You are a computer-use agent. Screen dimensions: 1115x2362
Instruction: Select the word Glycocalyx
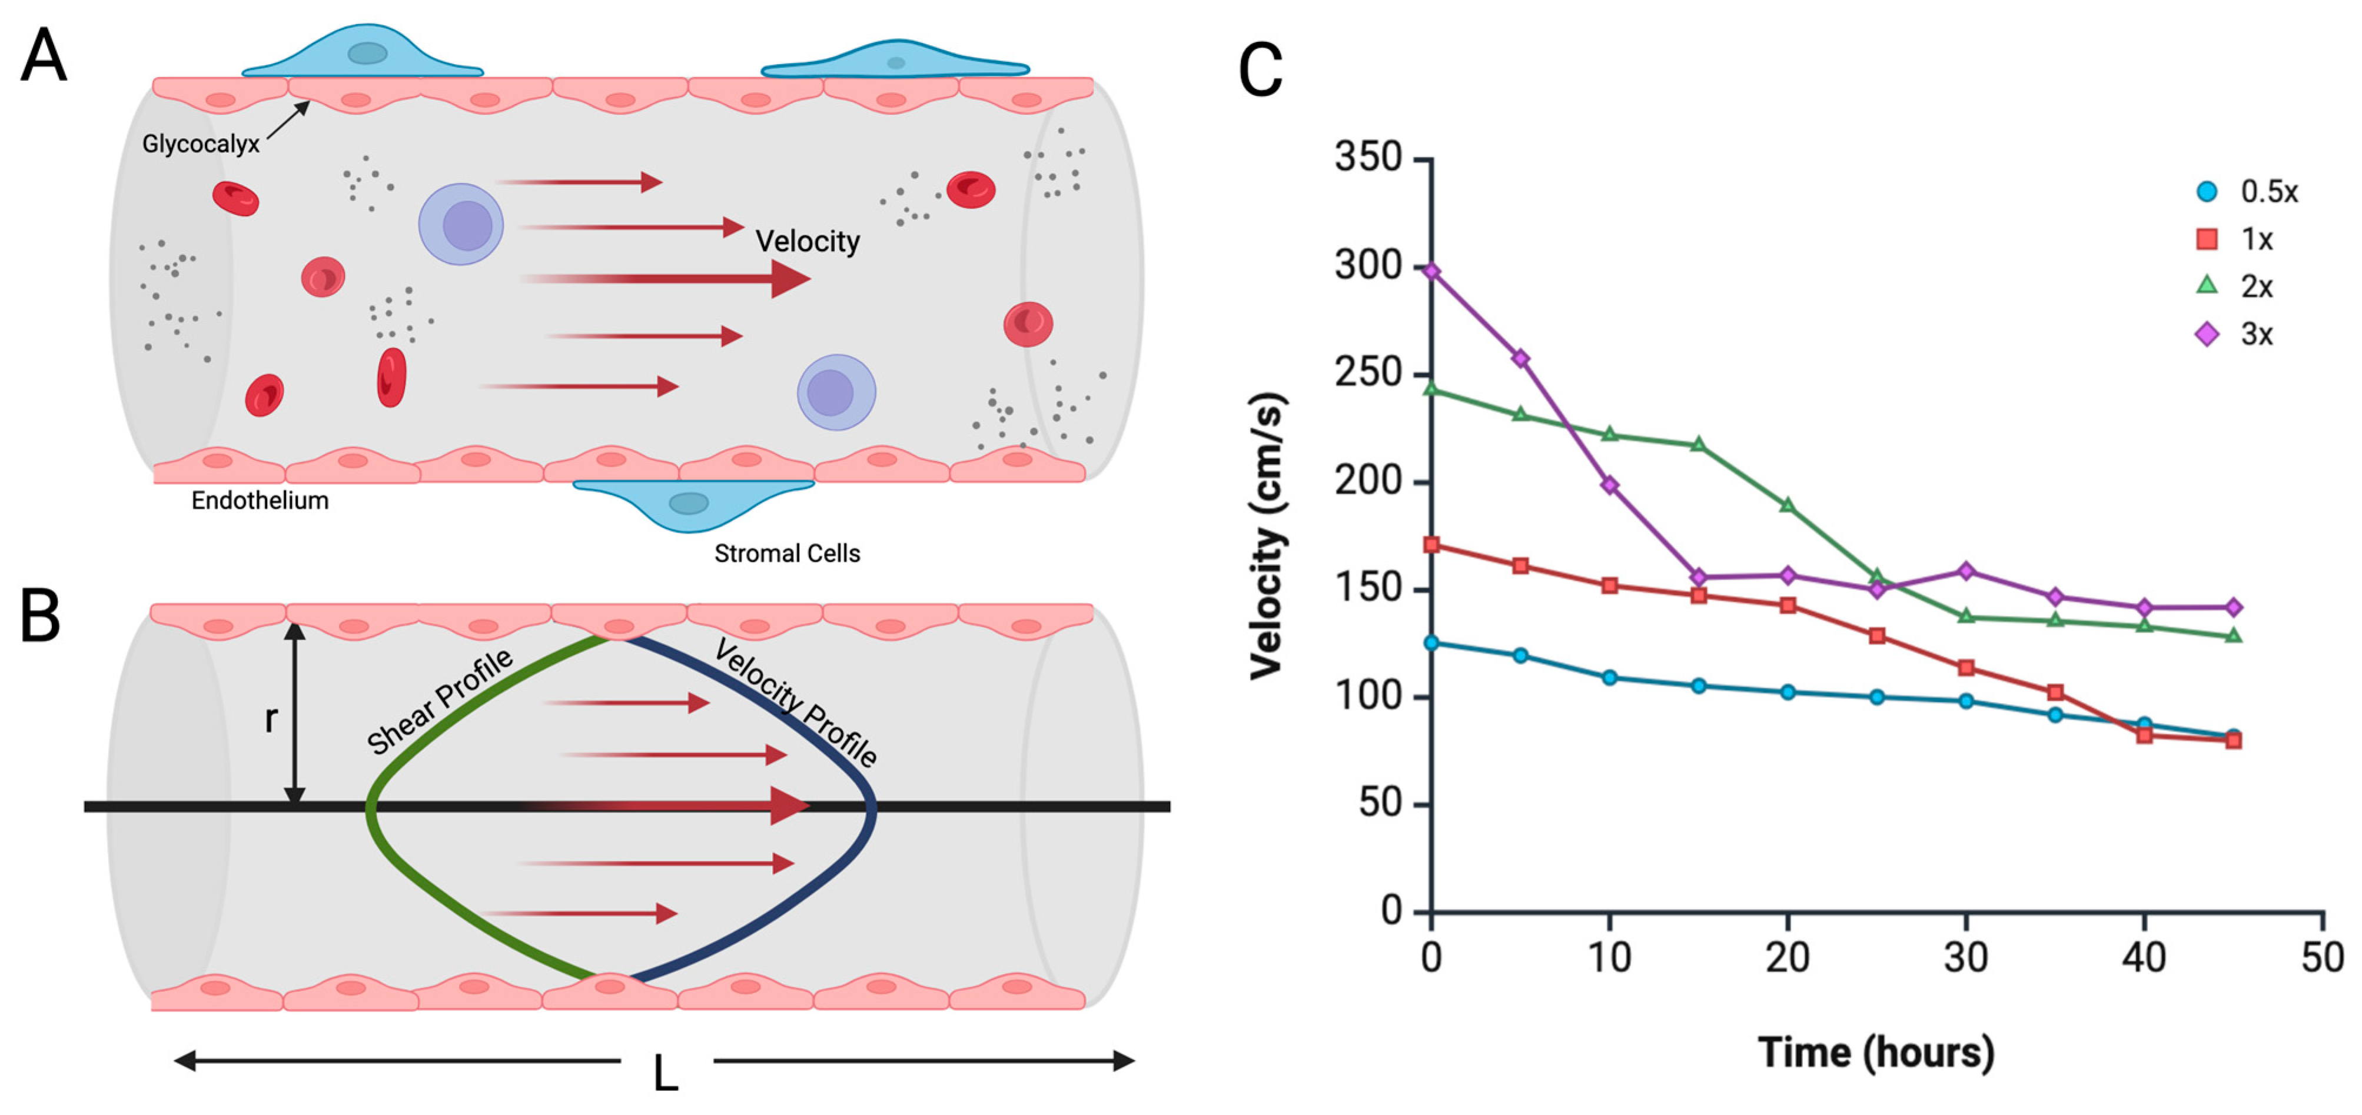(201, 144)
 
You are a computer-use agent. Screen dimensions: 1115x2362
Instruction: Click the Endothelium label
(260, 501)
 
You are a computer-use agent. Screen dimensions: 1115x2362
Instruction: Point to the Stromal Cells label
(787, 554)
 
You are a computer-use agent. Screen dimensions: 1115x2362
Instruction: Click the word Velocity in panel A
(807, 241)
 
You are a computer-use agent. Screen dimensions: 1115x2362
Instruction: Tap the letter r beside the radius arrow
(271, 719)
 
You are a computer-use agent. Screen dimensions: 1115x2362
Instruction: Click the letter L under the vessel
(666, 1073)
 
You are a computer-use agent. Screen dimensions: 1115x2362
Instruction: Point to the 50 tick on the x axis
(2321, 957)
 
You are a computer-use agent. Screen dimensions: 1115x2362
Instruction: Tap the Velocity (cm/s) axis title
(1268, 537)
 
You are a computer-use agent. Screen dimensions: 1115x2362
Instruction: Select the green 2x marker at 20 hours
(1787, 505)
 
